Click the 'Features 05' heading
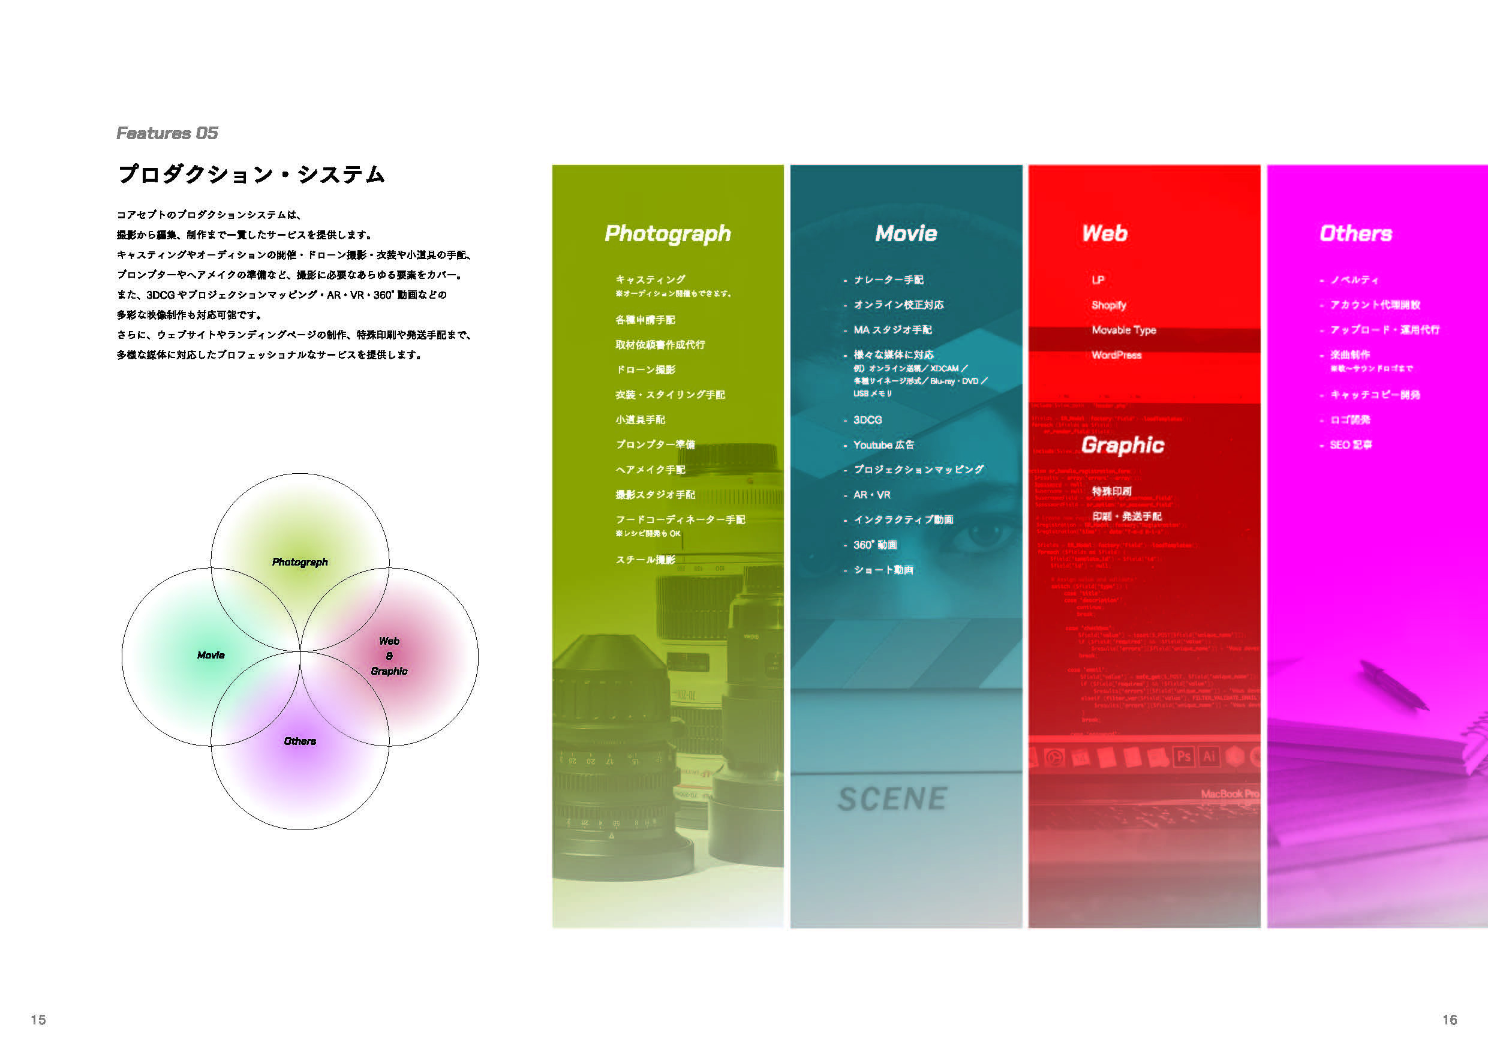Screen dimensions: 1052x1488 tap(167, 133)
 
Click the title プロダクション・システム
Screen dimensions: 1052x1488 tap(251, 175)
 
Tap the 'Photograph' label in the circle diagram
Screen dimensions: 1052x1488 tap(299, 562)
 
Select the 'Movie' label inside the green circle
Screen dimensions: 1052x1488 tap(211, 656)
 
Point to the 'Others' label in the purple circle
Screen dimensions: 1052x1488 tap(299, 741)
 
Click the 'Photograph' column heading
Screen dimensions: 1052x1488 tap(668, 233)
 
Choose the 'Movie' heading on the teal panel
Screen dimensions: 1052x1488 tap(906, 233)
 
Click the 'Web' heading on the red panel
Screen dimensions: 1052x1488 tap(1104, 233)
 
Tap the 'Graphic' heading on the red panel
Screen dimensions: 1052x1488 tap(1123, 444)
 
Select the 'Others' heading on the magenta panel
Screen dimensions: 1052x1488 tap(1356, 233)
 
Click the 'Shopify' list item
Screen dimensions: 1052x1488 tap(1109, 305)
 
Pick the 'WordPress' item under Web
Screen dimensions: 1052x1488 tap(1116, 354)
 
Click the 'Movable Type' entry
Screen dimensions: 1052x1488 tap(1124, 330)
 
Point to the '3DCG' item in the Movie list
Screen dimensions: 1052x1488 tap(868, 420)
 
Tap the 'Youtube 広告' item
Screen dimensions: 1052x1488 tap(883, 444)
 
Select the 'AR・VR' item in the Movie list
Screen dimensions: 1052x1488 tap(871, 495)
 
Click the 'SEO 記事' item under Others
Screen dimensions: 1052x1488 tap(1351, 444)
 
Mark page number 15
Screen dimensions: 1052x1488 tap(38, 1020)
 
